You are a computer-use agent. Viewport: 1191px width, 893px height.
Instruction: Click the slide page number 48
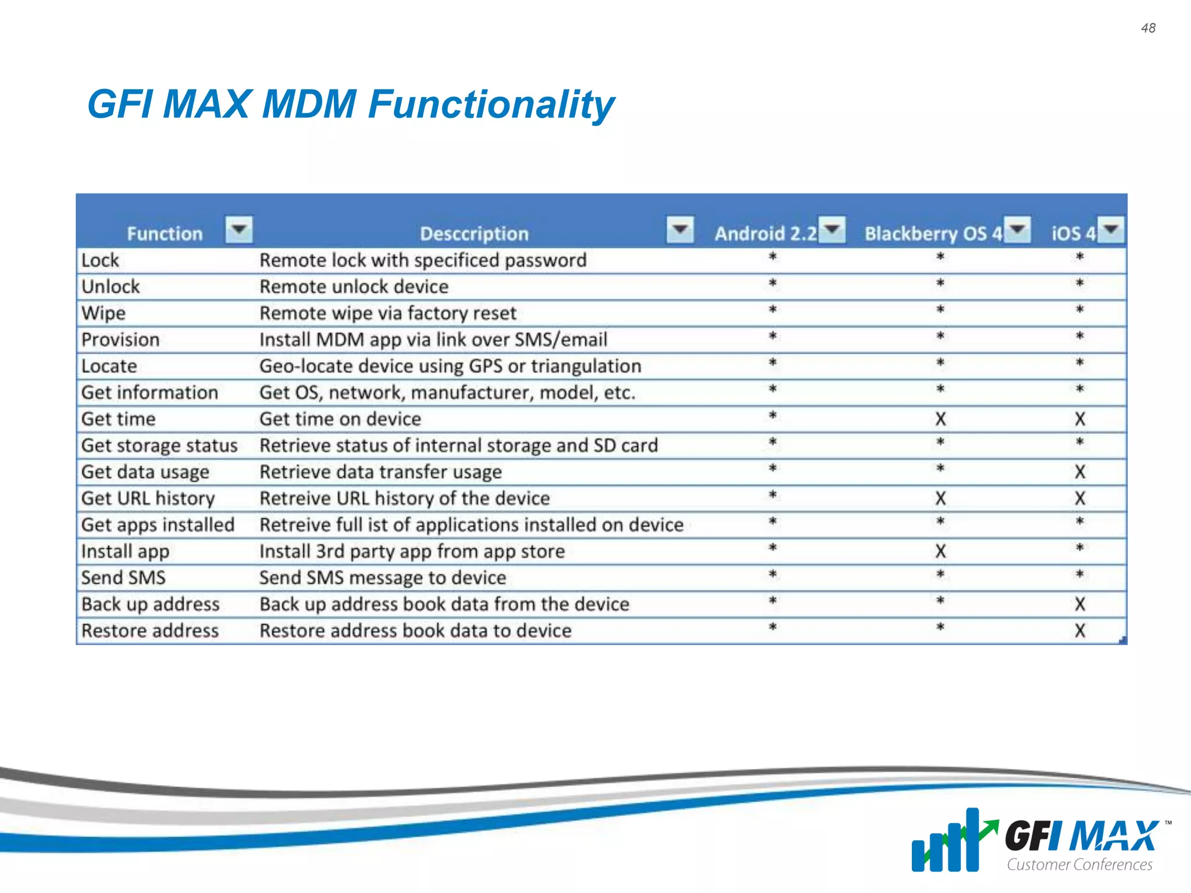tap(1148, 28)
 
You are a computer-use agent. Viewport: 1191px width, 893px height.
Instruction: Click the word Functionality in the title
tap(491, 105)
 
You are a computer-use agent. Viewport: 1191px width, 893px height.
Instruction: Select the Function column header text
tap(165, 234)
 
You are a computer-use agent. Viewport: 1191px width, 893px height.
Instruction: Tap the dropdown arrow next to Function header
tap(239, 229)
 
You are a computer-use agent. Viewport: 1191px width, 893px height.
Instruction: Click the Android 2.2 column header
tap(765, 234)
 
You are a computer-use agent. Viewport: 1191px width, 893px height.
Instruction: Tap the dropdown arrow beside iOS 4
tap(1111, 229)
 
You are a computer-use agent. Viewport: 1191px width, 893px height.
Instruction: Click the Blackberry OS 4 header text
tap(933, 234)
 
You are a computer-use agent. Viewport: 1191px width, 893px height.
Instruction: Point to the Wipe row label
tap(104, 313)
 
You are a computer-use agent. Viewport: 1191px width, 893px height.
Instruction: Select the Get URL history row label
tap(148, 498)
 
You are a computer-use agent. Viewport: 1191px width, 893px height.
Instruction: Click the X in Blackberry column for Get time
tap(940, 419)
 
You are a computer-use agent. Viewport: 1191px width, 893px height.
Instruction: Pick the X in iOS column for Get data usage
tap(1080, 472)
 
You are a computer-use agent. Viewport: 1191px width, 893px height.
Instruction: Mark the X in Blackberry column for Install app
tap(940, 551)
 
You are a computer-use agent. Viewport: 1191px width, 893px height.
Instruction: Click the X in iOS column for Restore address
tap(1080, 631)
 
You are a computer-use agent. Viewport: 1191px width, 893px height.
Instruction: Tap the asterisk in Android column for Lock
tap(773, 257)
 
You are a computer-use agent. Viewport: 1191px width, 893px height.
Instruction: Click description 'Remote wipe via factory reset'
tap(387, 313)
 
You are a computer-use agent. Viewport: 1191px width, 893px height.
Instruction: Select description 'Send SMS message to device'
tap(383, 578)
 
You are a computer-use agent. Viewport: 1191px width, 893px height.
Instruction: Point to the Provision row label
tap(120, 340)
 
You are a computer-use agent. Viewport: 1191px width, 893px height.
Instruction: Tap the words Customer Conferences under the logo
tap(1079, 865)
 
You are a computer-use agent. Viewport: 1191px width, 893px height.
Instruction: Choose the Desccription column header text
tap(474, 234)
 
